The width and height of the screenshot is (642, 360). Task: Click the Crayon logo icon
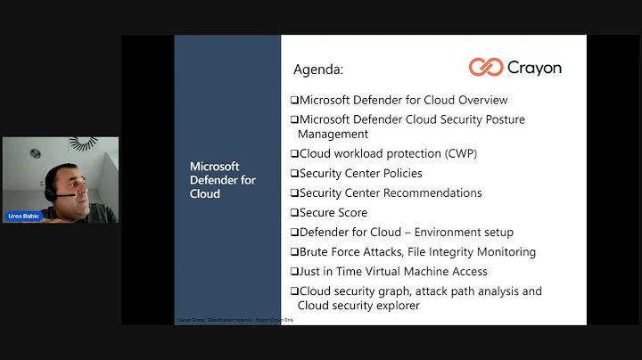click(x=485, y=68)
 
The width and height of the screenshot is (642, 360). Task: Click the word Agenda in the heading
click(x=317, y=70)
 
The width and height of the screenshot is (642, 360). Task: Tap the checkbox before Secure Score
click(x=295, y=213)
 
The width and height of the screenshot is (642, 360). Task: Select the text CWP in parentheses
click(x=461, y=153)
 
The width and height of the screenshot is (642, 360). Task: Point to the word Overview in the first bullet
click(x=477, y=100)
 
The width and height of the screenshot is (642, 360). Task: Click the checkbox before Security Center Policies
click(x=295, y=174)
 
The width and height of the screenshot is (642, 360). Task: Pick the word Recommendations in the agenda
click(x=435, y=193)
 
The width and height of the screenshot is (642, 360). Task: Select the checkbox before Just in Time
click(x=295, y=272)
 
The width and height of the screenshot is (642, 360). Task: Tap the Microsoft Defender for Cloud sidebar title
click(x=223, y=180)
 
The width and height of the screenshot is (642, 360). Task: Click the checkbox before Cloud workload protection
click(x=295, y=153)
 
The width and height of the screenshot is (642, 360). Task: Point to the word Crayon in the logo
click(x=534, y=68)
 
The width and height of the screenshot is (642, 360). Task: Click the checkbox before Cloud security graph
click(x=295, y=291)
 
